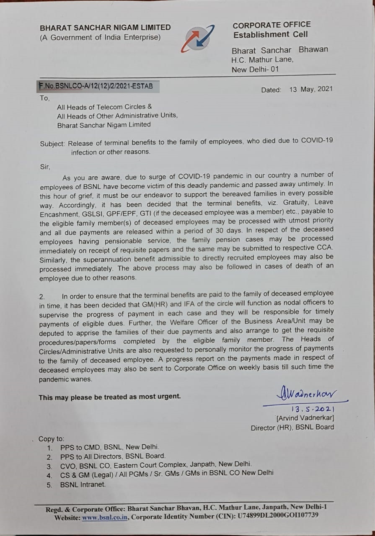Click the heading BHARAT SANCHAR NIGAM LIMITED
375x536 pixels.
point(105,28)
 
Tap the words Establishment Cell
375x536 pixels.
point(270,35)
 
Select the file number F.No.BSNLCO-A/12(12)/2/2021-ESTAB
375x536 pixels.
point(96,87)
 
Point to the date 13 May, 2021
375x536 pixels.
point(310,89)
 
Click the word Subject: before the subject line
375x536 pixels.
point(52,143)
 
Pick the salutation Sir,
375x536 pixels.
point(45,167)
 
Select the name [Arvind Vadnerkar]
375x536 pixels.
point(305,418)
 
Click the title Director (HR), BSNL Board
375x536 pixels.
point(292,427)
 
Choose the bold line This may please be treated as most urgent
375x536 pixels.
point(110,397)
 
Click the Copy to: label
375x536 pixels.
point(51,439)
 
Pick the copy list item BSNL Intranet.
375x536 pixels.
point(83,484)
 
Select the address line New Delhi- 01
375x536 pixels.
point(255,70)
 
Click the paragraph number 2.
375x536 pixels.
point(42,296)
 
